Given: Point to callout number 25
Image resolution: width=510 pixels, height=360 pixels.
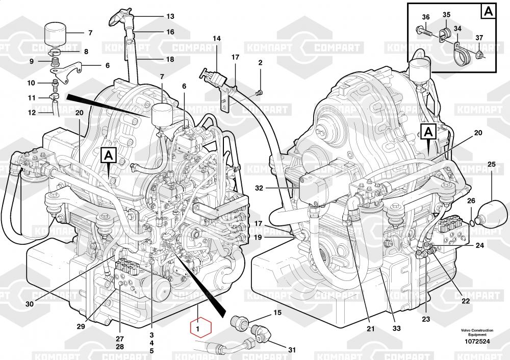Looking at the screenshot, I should point(491,164).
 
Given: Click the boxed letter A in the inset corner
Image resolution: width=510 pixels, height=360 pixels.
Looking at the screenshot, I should point(488,11).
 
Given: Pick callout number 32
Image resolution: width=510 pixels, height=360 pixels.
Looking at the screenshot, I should point(259,188).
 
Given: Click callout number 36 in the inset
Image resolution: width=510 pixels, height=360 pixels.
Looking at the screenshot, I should point(426,17).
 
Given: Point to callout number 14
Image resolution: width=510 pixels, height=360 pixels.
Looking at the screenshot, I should point(217,39).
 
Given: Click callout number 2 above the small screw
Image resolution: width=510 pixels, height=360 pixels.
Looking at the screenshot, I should point(260,63).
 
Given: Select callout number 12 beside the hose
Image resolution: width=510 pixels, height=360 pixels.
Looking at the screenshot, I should point(32,112).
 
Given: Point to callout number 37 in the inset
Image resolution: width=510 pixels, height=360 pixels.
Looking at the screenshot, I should point(479,37).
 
